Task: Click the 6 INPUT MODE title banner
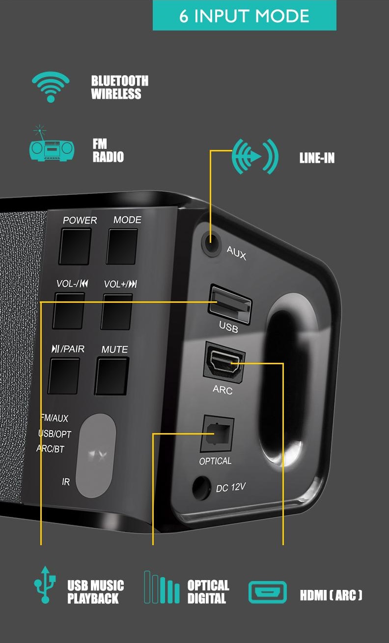click(x=244, y=16)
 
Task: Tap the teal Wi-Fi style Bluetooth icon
click(x=51, y=87)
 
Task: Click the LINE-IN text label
click(x=317, y=158)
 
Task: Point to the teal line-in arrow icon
click(x=254, y=156)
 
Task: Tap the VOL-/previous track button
click(x=69, y=311)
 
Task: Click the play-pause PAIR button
click(x=64, y=376)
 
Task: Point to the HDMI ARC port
click(x=224, y=363)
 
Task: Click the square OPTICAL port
click(x=217, y=434)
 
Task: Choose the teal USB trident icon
click(x=45, y=585)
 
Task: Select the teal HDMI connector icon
click(x=267, y=592)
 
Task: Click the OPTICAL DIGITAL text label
click(x=208, y=592)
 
